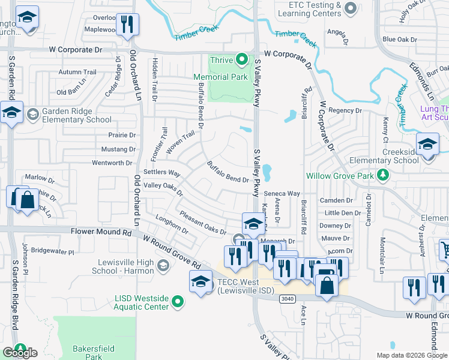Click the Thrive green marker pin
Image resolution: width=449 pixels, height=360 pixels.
pyautogui.click(x=241, y=59)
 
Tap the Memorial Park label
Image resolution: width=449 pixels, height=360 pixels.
pyautogui.click(x=220, y=77)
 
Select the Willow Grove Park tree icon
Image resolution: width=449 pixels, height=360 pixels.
pyautogui.click(x=382, y=176)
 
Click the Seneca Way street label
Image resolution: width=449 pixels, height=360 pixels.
pyautogui.click(x=283, y=193)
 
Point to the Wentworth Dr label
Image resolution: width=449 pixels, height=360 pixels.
pyautogui.click(x=112, y=163)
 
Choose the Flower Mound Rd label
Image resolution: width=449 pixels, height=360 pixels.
pyautogui.click(x=100, y=231)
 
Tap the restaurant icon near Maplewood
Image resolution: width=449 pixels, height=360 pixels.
pyautogui.click(x=127, y=25)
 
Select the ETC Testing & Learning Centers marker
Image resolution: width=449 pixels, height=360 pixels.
pyautogui.click(x=352, y=8)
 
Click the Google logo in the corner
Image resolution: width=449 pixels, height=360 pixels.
pyautogui.click(x=20, y=352)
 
